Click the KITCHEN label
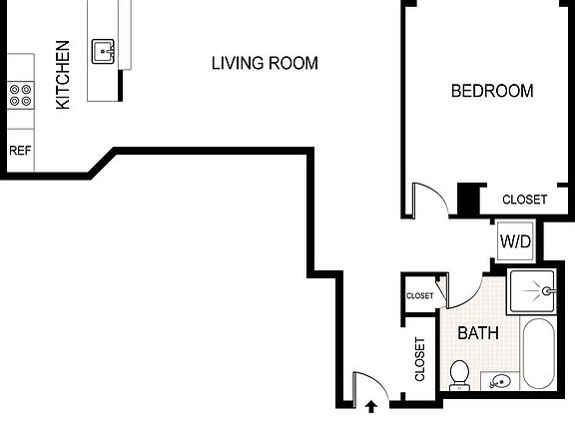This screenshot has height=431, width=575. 62,75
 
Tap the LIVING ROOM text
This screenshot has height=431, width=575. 265,64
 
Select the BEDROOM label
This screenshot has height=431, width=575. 492,91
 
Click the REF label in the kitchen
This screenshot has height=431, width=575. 19,151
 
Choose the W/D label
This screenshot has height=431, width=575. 514,241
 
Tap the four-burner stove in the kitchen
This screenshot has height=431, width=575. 20,95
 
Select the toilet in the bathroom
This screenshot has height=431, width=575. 459,374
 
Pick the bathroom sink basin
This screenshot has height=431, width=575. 499,380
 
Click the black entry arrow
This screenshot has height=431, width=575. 371,406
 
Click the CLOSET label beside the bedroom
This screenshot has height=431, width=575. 524,200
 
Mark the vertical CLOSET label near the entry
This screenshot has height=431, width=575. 420,359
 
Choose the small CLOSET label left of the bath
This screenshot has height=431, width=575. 419,296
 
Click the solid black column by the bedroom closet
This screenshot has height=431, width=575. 466,199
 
